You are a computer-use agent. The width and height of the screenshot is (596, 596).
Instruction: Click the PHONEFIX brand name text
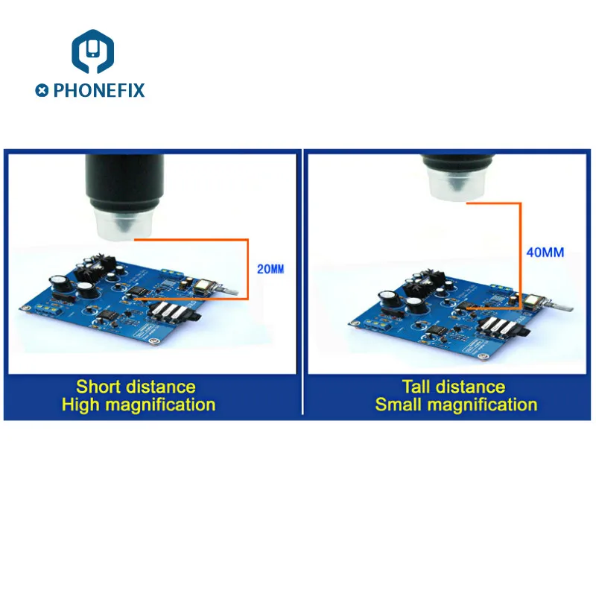tap(99, 90)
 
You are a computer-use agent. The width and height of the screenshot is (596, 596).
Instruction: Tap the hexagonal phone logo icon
tap(92, 51)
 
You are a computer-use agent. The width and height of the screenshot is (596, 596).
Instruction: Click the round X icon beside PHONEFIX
tap(42, 90)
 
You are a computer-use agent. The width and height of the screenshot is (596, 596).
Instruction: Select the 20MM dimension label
tap(270, 269)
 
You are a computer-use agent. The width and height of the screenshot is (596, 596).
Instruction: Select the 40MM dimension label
tap(545, 253)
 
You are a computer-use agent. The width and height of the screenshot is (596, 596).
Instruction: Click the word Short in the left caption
tap(98, 387)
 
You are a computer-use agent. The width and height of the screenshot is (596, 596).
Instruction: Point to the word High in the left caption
tap(80, 405)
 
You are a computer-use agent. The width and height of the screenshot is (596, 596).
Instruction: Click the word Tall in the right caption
tap(417, 387)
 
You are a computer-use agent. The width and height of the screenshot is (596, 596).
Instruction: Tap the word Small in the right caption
tap(399, 405)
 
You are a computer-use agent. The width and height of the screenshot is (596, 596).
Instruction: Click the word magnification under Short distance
tap(160, 405)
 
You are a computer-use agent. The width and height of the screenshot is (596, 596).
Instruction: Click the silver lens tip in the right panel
tap(458, 183)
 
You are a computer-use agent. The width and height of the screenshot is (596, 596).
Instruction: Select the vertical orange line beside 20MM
tap(247, 269)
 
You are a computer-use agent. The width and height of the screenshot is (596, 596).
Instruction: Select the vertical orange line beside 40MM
tap(520, 256)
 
